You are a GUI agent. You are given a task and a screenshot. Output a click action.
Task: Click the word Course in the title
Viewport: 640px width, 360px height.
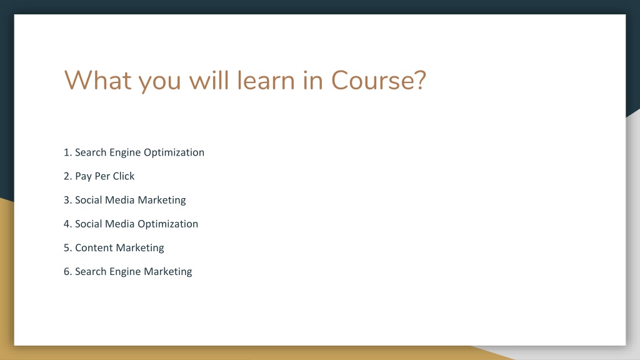click(373, 80)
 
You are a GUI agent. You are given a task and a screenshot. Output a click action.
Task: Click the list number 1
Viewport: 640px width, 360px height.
click(67, 152)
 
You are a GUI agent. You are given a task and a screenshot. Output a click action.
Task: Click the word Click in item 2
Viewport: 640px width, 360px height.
click(124, 176)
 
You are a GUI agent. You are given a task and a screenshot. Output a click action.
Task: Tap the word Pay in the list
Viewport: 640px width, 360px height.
click(83, 177)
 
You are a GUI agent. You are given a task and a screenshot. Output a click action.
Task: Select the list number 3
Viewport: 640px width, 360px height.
click(67, 200)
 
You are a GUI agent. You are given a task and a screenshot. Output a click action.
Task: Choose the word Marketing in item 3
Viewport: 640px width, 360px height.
click(162, 201)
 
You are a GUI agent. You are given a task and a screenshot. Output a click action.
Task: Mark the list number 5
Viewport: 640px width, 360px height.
click(67, 247)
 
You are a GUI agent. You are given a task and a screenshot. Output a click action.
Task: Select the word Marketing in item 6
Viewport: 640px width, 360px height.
click(167, 272)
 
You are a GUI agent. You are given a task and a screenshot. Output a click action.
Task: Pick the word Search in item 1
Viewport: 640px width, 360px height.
click(91, 152)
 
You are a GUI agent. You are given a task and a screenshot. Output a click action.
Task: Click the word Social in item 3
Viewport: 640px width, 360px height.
click(88, 200)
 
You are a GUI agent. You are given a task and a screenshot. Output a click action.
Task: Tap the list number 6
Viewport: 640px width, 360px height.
click(67, 271)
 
